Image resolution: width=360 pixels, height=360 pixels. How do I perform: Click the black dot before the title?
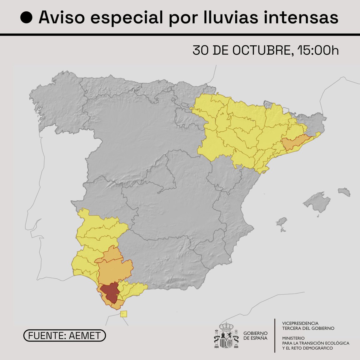[x=26, y=18]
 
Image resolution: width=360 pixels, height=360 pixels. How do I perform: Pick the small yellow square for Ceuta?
[x=124, y=314]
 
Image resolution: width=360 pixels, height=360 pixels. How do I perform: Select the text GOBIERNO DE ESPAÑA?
[x=255, y=336]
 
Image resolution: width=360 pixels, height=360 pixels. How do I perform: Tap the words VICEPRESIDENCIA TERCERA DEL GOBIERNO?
[x=308, y=326]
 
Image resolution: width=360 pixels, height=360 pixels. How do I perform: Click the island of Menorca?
[x=344, y=192]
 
